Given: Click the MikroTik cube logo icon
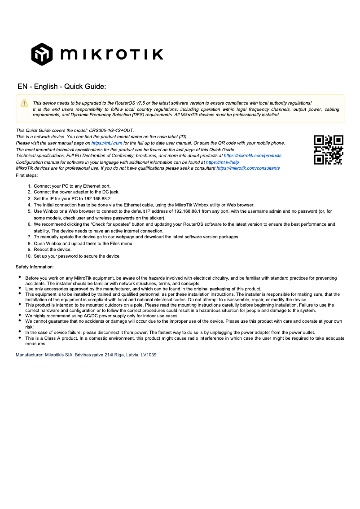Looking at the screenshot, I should pyautogui.click(x=42, y=54).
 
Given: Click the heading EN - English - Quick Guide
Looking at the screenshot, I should pyautogui.click(x=61, y=86).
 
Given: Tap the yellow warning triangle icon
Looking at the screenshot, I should pyautogui.click(x=24, y=103).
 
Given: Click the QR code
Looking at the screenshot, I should pyautogui.click(x=329, y=150).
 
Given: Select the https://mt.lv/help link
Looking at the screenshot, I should pyautogui.click(x=222, y=162).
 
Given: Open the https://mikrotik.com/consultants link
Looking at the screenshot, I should pyautogui.click(x=248, y=168).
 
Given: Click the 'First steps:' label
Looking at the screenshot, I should pyautogui.click(x=27, y=175).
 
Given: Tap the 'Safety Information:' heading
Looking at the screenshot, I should pyautogui.click(x=35, y=267).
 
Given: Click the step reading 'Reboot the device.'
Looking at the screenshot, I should pyautogui.click(x=53, y=250).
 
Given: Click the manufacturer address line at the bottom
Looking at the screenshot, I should pyautogui.click(x=87, y=355).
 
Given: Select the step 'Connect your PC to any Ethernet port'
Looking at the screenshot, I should pyautogui.click(x=72, y=185).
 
